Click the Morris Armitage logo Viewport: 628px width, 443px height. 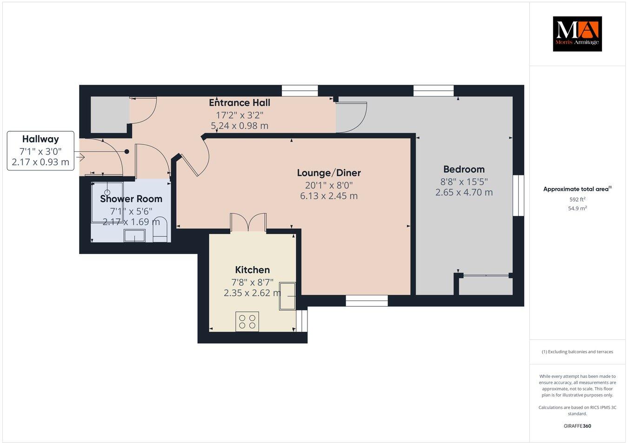[x=577, y=34]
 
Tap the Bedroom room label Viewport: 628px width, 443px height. [x=464, y=169]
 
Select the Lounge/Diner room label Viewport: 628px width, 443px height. [x=329, y=173]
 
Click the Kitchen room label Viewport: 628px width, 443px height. [x=252, y=270]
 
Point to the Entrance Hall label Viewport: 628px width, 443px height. [x=240, y=103]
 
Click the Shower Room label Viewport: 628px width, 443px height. [x=131, y=199]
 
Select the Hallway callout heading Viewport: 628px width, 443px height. [x=40, y=139]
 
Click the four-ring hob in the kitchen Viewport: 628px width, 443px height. [x=247, y=322]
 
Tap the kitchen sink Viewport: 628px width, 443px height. [x=287, y=296]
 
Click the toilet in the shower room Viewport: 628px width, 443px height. [x=160, y=230]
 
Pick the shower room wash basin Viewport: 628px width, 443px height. [x=134, y=235]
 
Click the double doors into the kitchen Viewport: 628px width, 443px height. [x=248, y=222]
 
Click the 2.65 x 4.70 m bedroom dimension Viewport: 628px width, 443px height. [x=464, y=192]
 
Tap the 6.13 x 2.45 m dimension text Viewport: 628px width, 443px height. [x=329, y=196]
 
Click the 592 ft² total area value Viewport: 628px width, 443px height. [x=577, y=199]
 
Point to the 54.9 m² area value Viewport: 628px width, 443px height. [x=577, y=208]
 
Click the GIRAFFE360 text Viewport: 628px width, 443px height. [x=577, y=426]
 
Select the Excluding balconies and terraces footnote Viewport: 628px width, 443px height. [x=577, y=352]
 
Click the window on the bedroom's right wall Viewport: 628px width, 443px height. [x=518, y=195]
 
